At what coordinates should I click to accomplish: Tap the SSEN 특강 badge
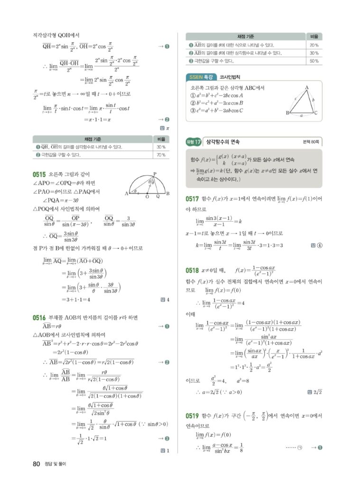pyautogui.click(x=202, y=77)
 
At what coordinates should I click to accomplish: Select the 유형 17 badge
pyautogui.click(x=195, y=141)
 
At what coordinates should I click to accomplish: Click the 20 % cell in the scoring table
pyautogui.click(x=314, y=45)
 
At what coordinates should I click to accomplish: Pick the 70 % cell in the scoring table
pyautogui.click(x=160, y=155)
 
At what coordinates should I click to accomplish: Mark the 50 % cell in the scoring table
pyautogui.click(x=314, y=61)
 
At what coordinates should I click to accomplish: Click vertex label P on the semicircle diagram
pyautogui.click(x=155, y=174)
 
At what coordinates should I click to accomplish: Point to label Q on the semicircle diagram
pyautogui.click(x=157, y=196)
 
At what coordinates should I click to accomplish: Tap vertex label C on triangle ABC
pyautogui.click(x=316, y=113)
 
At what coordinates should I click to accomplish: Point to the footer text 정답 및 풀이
pyautogui.click(x=55, y=464)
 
